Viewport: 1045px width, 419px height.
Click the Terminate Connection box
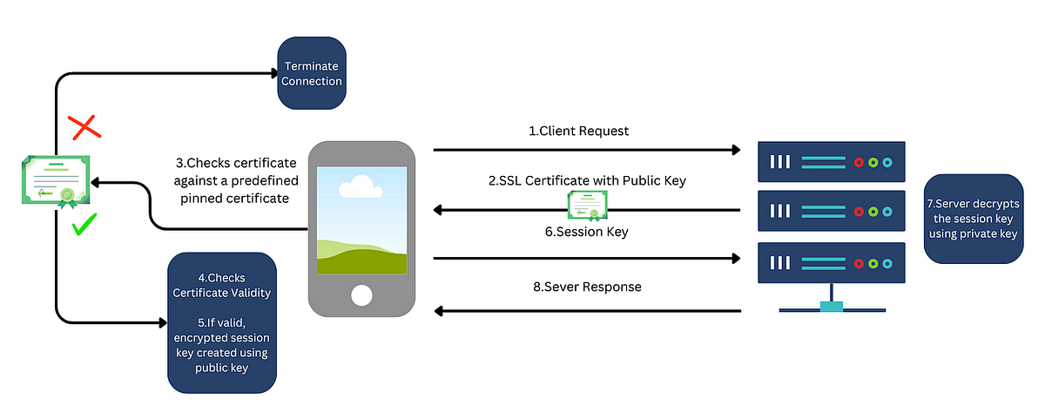(x=311, y=73)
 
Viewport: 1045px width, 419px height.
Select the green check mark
(x=84, y=228)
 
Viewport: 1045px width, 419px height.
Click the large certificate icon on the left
(x=55, y=180)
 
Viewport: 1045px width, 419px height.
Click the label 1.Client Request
(x=579, y=132)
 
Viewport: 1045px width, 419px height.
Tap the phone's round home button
(x=361, y=295)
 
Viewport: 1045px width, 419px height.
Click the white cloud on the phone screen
(x=359, y=186)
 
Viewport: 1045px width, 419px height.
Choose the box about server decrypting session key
(x=972, y=219)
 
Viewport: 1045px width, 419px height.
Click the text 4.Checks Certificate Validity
(x=222, y=285)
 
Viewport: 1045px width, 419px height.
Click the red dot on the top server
(x=860, y=162)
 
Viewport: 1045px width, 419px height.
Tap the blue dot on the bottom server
(x=887, y=262)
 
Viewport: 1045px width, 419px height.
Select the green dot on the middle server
(x=873, y=212)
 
